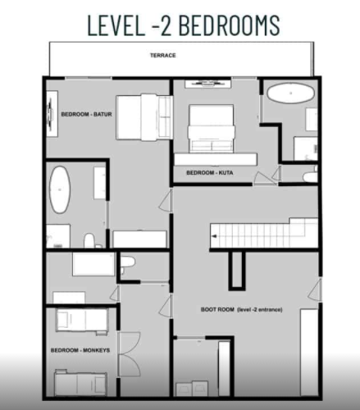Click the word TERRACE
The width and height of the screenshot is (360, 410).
(x=162, y=56)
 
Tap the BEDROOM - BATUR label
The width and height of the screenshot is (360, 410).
(x=86, y=114)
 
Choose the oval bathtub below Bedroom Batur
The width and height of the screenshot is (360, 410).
(x=62, y=190)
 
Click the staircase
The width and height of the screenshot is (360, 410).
(x=262, y=234)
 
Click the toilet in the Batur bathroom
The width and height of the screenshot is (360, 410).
(x=89, y=240)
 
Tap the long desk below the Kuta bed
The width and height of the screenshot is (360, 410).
(x=216, y=157)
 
